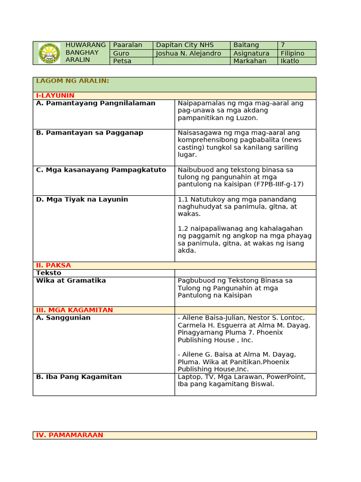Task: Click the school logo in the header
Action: pos(49,53)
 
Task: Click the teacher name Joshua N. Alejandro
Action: pos(188,53)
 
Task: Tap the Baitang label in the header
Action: pos(246,45)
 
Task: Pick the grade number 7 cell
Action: pos(283,45)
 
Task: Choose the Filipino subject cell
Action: pos(292,53)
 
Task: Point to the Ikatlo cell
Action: pos(290,61)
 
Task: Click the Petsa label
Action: pos(122,61)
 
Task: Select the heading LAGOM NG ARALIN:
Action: pos(72,81)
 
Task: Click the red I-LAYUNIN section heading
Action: pos(55,96)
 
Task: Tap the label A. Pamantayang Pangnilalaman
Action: pos(95,103)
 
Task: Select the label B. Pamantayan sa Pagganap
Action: pos(89,133)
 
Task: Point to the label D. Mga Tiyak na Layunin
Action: pos(82,200)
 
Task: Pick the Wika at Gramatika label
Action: pos(71,281)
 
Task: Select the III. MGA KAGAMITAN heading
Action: pos(74,310)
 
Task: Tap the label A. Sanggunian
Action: pos(63,318)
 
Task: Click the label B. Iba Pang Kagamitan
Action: pos(78,377)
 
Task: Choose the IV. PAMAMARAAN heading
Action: pos(70,435)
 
